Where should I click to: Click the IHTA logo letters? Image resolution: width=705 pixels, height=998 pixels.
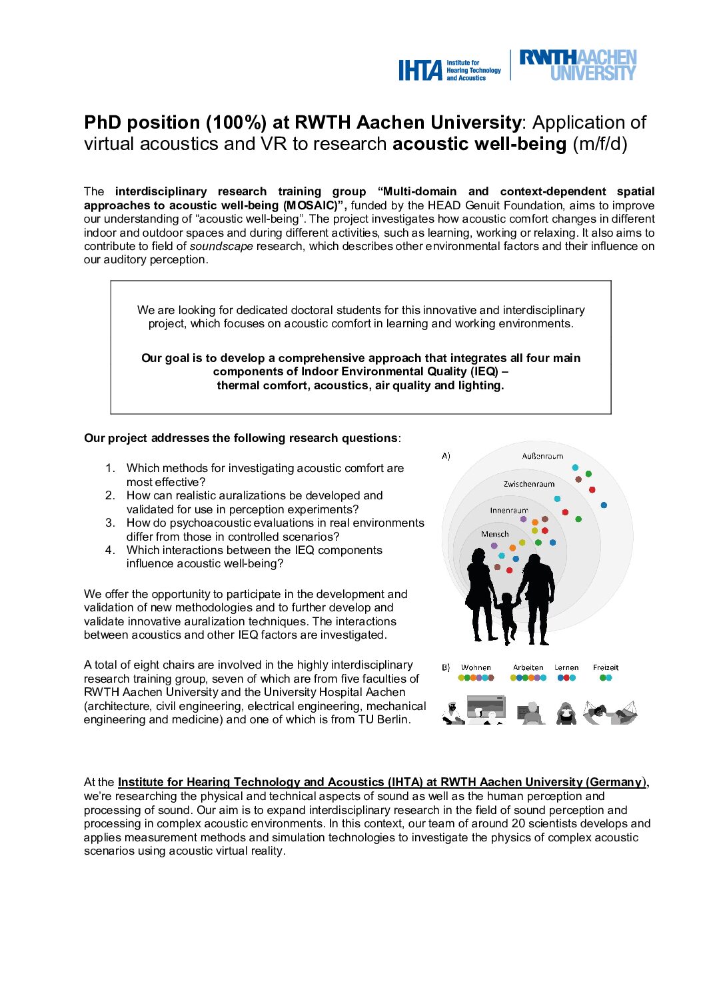[420, 70]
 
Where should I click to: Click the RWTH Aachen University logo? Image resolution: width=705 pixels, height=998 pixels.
[577, 65]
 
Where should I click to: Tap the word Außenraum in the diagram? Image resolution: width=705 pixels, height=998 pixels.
[542, 456]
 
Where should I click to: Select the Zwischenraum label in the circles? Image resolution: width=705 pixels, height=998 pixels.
[528, 484]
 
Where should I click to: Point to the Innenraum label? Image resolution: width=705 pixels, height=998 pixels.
[508, 510]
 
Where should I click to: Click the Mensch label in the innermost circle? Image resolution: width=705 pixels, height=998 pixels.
[494, 534]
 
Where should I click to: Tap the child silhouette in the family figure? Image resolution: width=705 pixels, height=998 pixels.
[508, 617]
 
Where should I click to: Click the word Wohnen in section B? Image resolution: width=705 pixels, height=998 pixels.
[476, 667]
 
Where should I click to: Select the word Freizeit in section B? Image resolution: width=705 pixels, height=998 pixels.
[605, 667]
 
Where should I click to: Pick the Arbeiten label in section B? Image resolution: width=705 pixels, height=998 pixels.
[528, 667]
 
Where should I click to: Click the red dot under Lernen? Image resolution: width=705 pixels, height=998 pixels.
[566, 678]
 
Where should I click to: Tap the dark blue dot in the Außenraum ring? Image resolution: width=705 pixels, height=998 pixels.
[604, 505]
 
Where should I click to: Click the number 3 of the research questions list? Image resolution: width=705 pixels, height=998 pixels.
[110, 523]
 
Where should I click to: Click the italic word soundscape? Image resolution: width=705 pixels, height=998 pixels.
[221, 246]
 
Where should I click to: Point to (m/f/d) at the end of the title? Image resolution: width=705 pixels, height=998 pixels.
[600, 144]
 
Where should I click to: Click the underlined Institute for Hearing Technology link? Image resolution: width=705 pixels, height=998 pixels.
[380, 782]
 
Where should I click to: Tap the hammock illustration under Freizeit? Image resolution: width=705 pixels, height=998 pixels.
[610, 712]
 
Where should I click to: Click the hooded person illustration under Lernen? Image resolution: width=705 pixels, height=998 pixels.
[566, 713]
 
